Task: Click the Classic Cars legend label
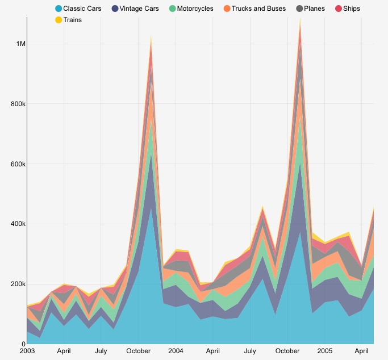tap(82, 9)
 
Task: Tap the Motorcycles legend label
tap(195, 9)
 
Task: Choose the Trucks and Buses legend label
tap(259, 9)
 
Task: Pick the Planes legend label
tap(315, 9)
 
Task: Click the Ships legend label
tap(352, 9)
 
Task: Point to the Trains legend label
tap(73, 20)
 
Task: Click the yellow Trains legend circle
tap(59, 20)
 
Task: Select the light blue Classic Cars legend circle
tap(59, 9)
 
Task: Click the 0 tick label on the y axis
tap(22, 344)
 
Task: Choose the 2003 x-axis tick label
tap(27, 351)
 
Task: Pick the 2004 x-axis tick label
tap(176, 351)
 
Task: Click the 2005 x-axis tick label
tap(325, 351)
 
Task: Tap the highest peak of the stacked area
tap(300, 19)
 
